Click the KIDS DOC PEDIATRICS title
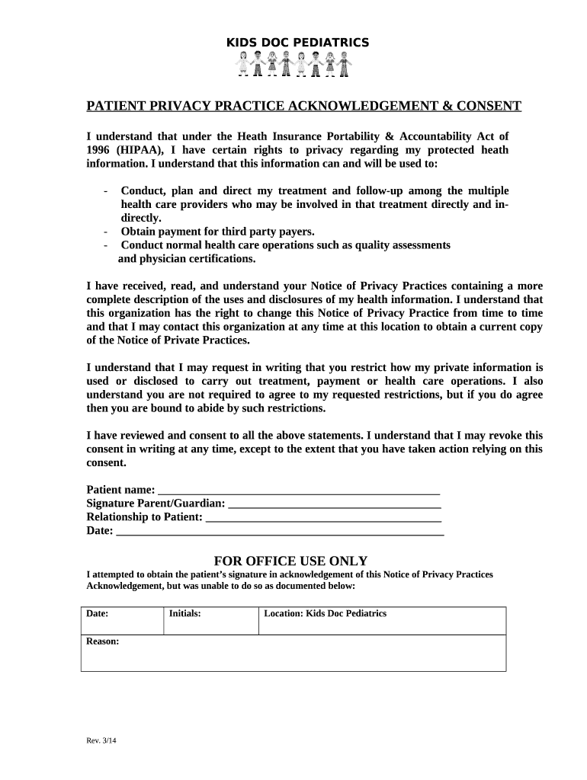297,43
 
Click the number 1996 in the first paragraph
100,150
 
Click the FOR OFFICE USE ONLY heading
290,561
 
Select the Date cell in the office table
122,620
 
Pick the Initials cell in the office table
210,620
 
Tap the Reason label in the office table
102,641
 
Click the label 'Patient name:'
120,490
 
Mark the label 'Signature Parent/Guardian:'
156,503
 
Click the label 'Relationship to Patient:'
145,517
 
